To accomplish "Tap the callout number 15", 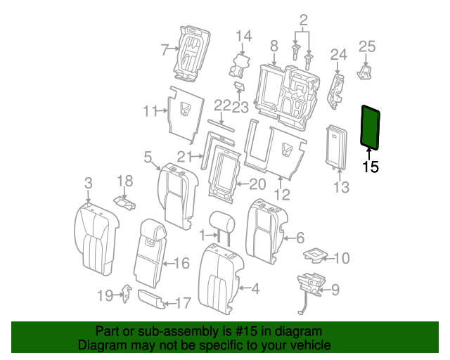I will [x=370, y=167].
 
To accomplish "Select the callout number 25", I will [x=368, y=46].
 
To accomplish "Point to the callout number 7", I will [x=165, y=49].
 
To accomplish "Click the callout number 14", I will [x=243, y=36].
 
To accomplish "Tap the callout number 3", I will [x=88, y=183].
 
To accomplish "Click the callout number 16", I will [x=181, y=263].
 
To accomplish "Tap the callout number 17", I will [x=182, y=303].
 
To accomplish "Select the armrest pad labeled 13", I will [x=336, y=147].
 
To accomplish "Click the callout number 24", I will [x=339, y=54].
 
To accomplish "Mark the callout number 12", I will [x=281, y=194].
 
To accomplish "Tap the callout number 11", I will [x=150, y=110].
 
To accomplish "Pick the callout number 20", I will [x=257, y=184].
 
